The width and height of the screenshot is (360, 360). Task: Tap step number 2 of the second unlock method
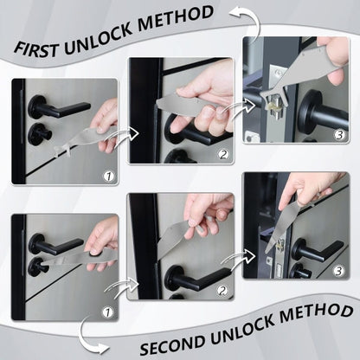tap(222, 291)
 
